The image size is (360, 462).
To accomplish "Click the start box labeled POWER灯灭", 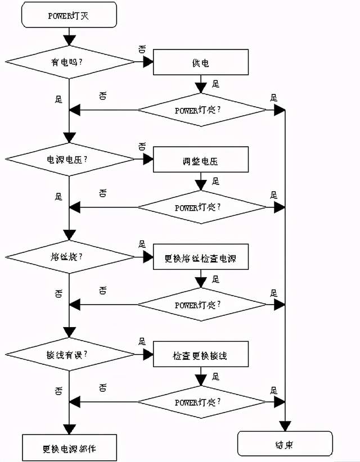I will [x=69, y=15].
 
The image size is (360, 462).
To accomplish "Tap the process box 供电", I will [x=200, y=63].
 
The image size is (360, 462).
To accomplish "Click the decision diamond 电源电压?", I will [x=69, y=160].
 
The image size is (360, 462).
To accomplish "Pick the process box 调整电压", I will [x=200, y=160].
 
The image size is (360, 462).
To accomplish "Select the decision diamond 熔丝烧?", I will [x=69, y=257].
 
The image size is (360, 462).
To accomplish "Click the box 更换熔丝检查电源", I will [x=200, y=258].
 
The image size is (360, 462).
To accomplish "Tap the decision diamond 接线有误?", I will [x=69, y=355].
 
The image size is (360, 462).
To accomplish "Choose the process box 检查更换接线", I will [x=200, y=355].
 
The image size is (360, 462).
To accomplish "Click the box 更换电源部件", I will [x=69, y=448].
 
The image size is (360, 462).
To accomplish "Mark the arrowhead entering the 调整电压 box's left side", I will [x=148, y=160].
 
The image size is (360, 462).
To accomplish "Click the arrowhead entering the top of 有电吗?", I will [x=69, y=40].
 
